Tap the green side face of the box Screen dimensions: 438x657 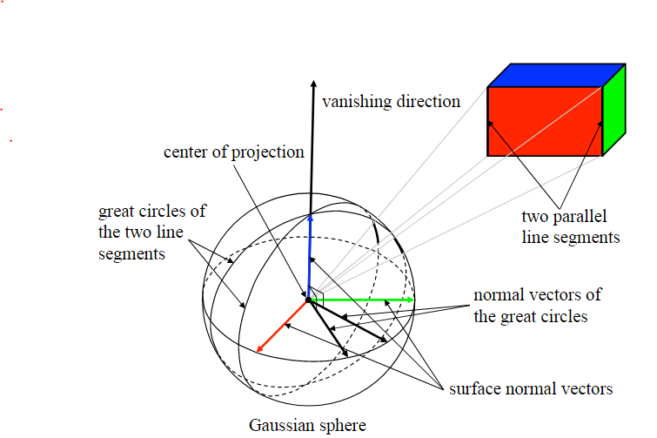(x=614, y=110)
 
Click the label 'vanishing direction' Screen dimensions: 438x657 (x=391, y=102)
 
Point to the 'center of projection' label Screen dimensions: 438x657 (x=234, y=152)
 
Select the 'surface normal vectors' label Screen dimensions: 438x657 (x=530, y=388)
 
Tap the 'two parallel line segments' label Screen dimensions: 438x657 (x=570, y=226)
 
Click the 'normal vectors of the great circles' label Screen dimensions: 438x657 (x=537, y=305)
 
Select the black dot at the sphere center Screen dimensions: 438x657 (x=308, y=300)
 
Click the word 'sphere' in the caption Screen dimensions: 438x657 (x=345, y=425)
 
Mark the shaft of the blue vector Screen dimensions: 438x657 (x=309, y=261)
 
